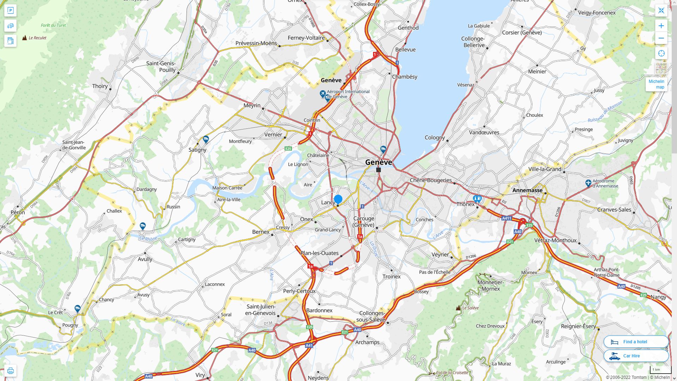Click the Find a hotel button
[x=636, y=342]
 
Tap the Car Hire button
[x=636, y=356]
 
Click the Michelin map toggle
[x=656, y=84]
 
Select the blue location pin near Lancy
[x=338, y=199]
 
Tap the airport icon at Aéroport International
[x=322, y=94]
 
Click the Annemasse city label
[x=527, y=190]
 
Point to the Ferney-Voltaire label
[x=306, y=38]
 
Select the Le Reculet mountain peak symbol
[x=24, y=38]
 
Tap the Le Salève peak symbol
[x=458, y=308]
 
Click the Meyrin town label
[x=252, y=105]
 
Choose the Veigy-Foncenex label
[x=597, y=13]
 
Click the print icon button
[x=10, y=371]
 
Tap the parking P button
[x=10, y=11]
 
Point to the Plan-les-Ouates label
[x=319, y=253]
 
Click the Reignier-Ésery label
[x=578, y=326]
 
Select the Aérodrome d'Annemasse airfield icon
[x=588, y=183]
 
